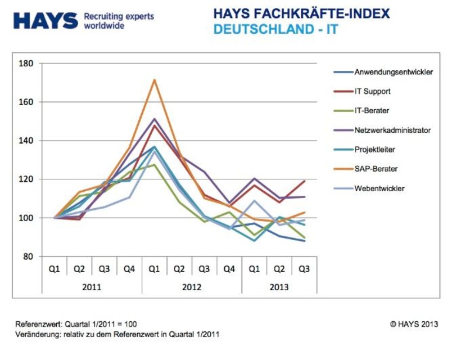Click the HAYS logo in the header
coord(46,21)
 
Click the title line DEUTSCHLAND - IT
coord(276,29)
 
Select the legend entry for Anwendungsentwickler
coord(394,72)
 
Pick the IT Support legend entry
coord(372,91)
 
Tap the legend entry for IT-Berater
coord(372,111)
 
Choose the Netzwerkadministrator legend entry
coord(392,130)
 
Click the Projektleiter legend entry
coord(374,150)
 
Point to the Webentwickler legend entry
coord(379,188)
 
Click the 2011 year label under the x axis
coord(92,287)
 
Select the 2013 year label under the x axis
coord(279,287)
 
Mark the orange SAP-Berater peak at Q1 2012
coord(154,80)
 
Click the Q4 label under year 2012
coord(229,269)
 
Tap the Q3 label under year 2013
coord(304,269)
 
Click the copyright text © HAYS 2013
coord(414,324)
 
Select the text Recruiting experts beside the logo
coord(119,16)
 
